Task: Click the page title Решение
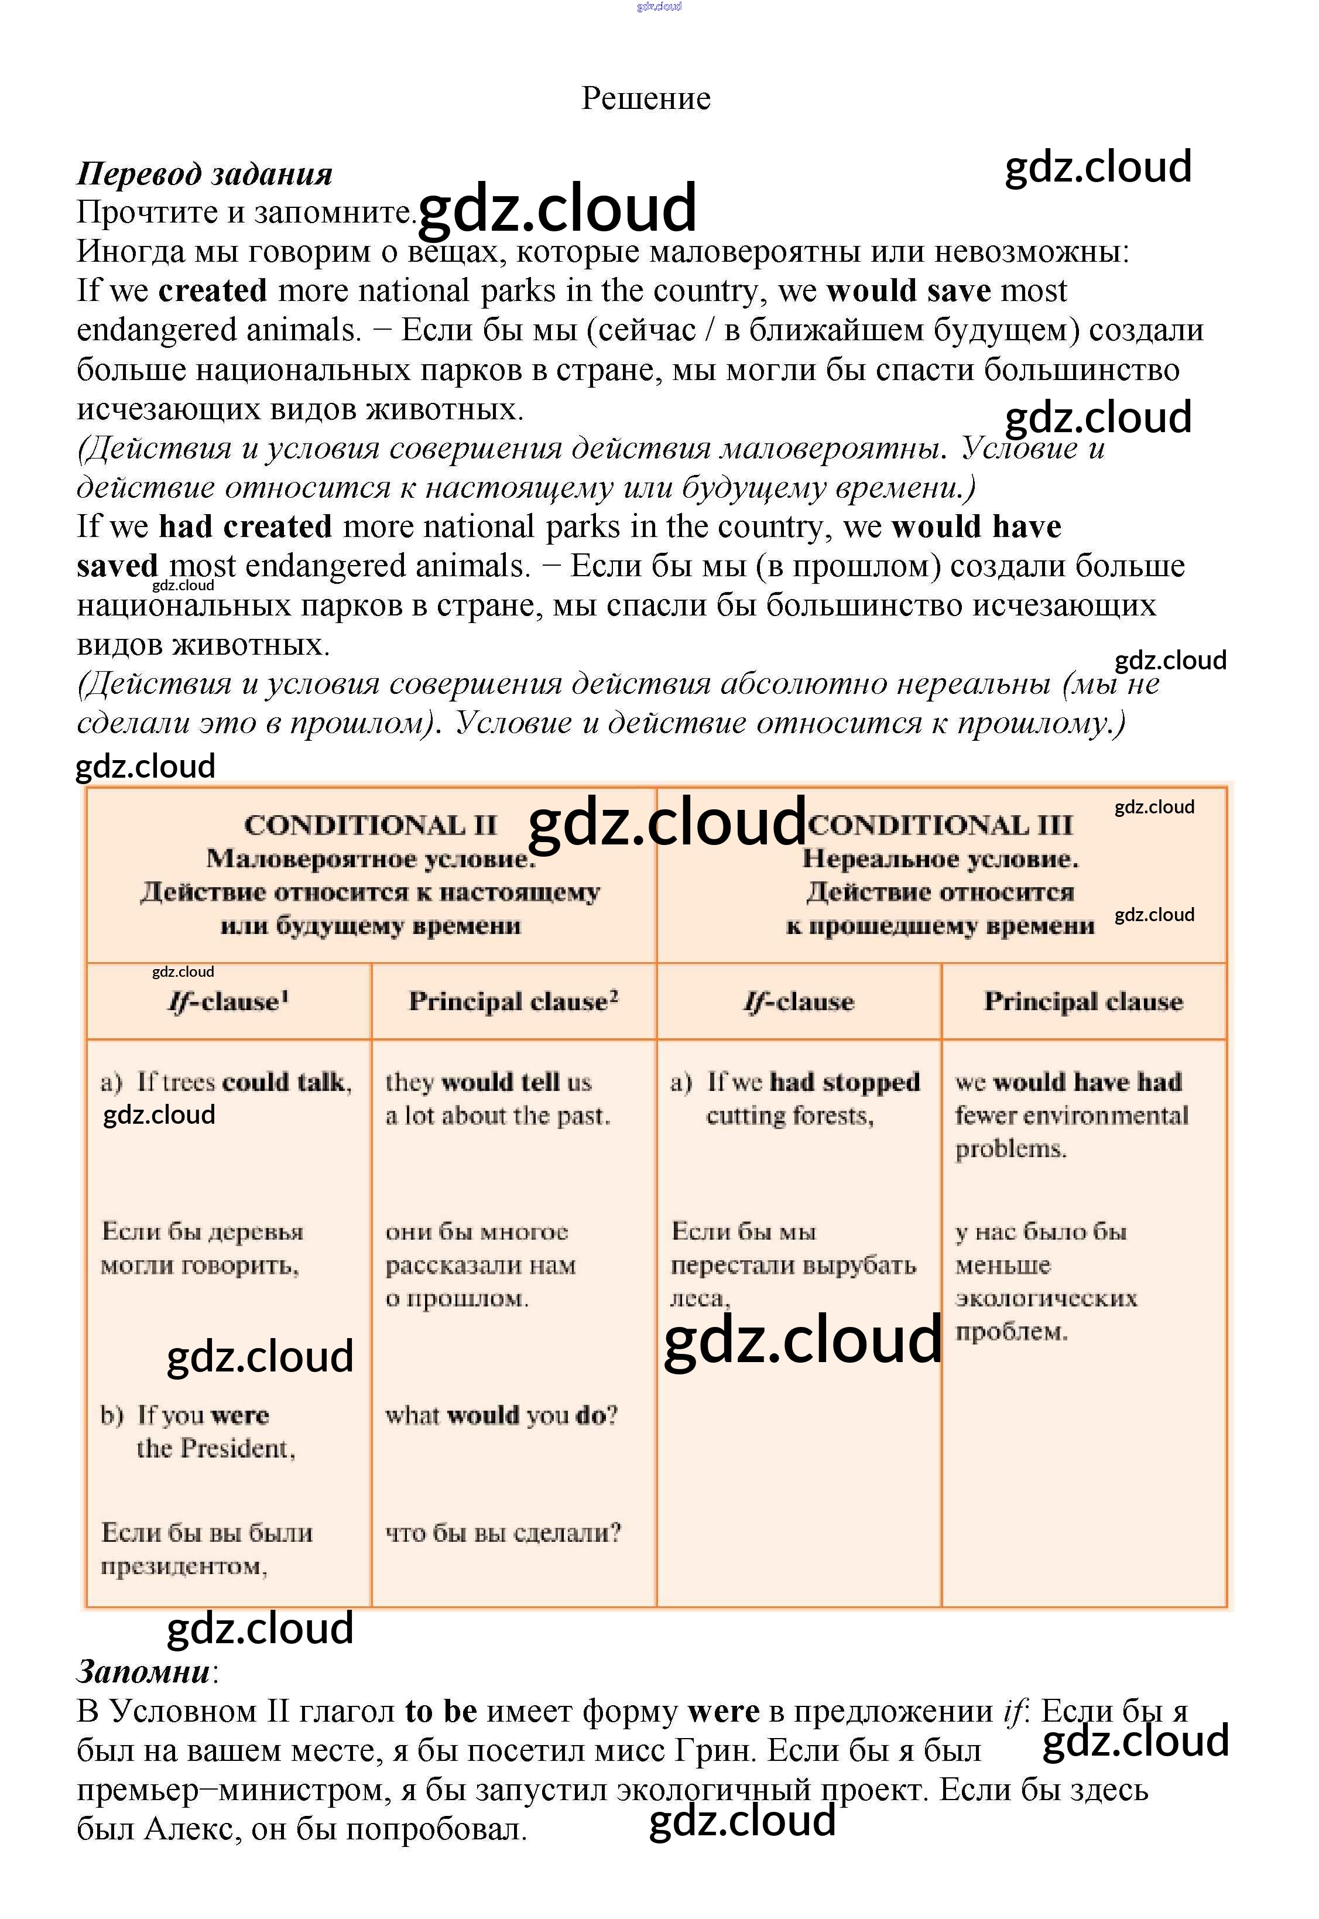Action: click(x=646, y=98)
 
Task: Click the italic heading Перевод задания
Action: click(x=204, y=175)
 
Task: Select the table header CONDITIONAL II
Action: click(x=370, y=825)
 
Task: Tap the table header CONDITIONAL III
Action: click(x=940, y=825)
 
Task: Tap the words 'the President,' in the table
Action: click(x=215, y=1448)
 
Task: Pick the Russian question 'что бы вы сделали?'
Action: click(x=502, y=1533)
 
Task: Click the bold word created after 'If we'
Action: click(x=213, y=291)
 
